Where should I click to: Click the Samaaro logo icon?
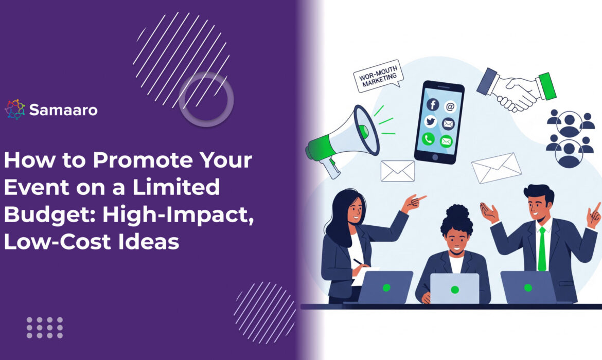click(x=15, y=110)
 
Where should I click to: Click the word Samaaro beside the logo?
click(x=63, y=110)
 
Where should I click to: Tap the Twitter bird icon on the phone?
click(x=431, y=122)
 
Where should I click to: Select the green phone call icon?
click(x=428, y=139)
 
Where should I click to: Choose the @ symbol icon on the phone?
click(x=450, y=106)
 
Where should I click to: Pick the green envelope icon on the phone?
click(x=446, y=140)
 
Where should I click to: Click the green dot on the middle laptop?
click(x=454, y=290)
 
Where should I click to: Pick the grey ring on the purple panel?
click(x=206, y=99)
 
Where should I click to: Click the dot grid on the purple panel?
click(x=45, y=327)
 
